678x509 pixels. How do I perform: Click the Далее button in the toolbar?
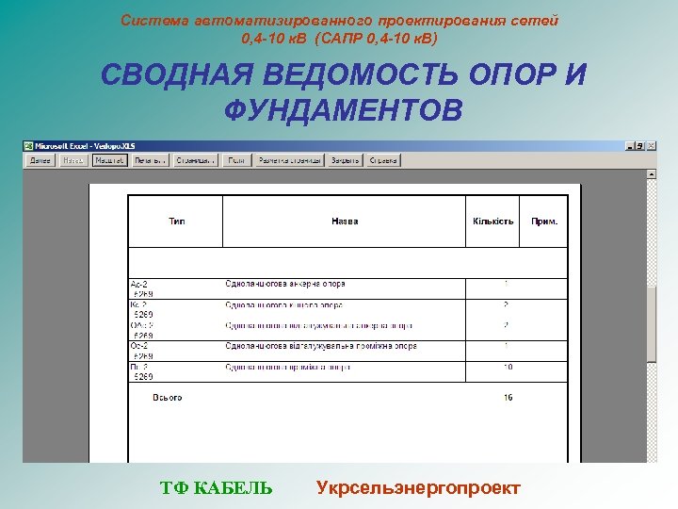tap(40, 160)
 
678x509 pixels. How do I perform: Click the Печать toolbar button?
tap(149, 160)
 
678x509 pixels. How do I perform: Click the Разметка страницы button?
tap(289, 160)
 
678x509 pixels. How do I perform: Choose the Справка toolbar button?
tap(383, 160)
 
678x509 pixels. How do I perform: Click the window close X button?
tap(652, 146)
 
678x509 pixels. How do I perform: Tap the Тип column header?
tap(176, 222)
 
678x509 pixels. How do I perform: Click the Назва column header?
tap(345, 222)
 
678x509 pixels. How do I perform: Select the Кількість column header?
tap(492, 222)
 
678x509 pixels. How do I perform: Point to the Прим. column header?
tap(544, 222)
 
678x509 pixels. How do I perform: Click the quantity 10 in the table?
tap(508, 367)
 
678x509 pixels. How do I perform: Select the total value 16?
tap(508, 398)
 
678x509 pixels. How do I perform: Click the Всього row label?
tap(169, 398)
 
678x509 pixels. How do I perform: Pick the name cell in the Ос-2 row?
tap(320, 346)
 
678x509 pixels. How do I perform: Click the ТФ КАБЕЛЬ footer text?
tap(217, 487)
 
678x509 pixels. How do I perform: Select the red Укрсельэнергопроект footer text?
tap(418, 487)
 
